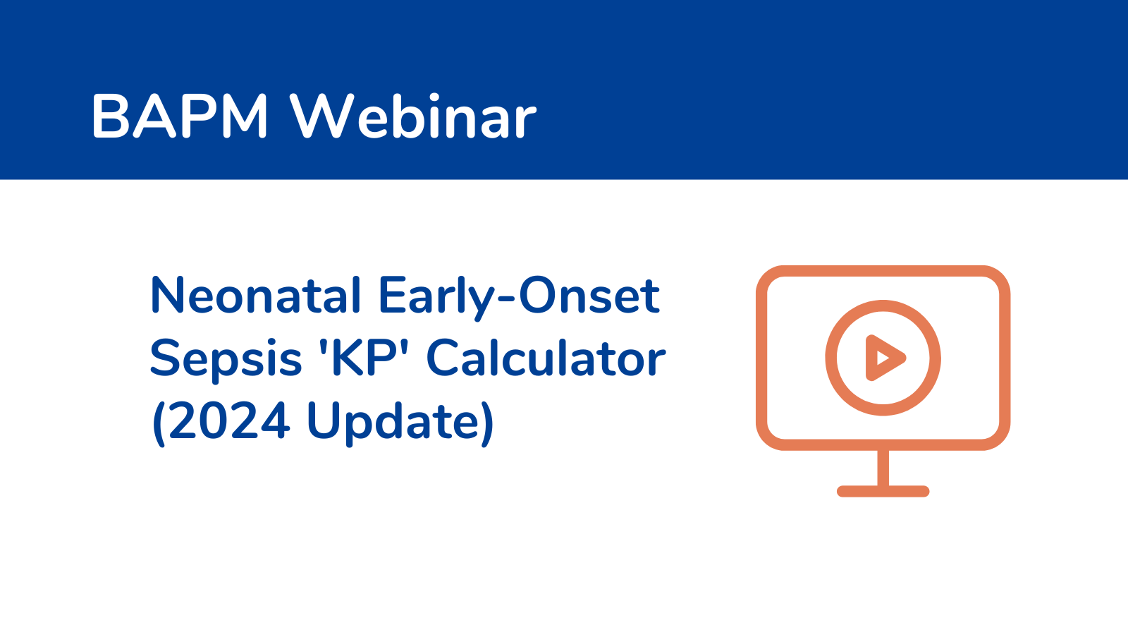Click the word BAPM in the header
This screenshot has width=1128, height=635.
click(180, 116)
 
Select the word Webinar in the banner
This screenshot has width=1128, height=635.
click(414, 116)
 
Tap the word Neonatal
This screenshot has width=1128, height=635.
click(256, 295)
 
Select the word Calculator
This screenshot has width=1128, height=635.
click(546, 357)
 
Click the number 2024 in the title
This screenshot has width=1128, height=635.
click(229, 421)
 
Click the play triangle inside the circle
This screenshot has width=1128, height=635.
click(884, 358)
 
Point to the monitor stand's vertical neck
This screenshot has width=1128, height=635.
click(883, 468)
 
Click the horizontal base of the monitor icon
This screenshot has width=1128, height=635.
click(883, 491)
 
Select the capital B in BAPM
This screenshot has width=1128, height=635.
click(111, 116)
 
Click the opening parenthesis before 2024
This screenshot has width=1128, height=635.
click(159, 423)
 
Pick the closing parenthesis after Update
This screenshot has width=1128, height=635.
click(487, 423)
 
